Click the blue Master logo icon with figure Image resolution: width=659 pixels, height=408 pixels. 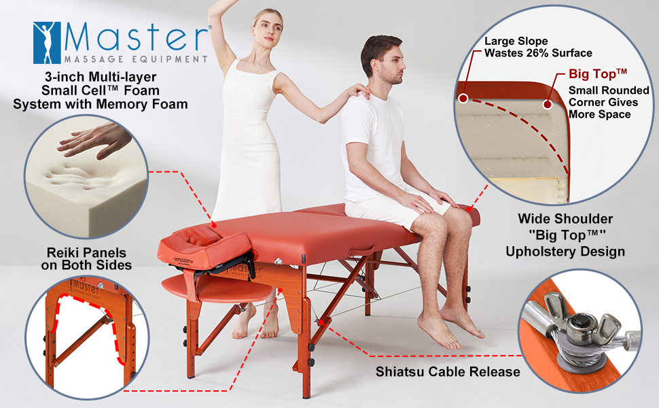tap(47, 42)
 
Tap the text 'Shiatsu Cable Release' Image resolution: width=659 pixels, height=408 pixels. tap(448, 372)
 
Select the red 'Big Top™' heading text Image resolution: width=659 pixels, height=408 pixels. tap(598, 73)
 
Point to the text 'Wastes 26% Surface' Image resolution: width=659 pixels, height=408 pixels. tap(538, 53)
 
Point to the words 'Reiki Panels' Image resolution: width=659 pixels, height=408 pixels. tap(86, 252)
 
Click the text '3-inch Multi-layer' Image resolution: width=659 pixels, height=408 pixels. tap(101, 77)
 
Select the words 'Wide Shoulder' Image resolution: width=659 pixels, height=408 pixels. tap(565, 219)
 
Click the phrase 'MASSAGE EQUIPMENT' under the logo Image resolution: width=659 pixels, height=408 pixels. tap(136, 59)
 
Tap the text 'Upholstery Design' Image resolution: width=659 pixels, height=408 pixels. tap(565, 252)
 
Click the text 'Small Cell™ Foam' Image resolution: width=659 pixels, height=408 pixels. tap(101, 90)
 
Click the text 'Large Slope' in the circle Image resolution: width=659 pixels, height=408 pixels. tap(516, 41)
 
